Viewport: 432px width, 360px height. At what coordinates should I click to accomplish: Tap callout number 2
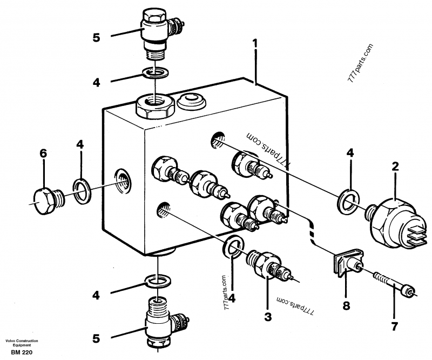click(x=395, y=168)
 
